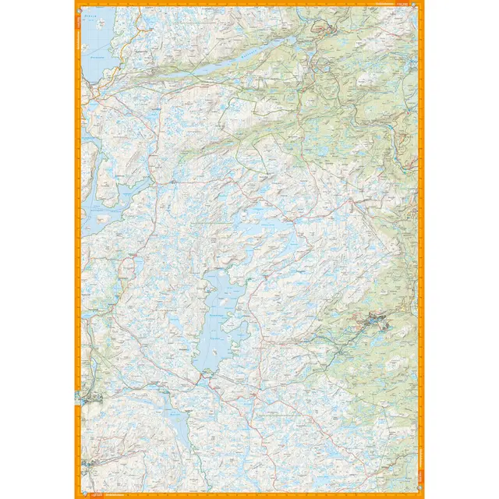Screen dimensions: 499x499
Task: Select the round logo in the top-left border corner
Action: tap(80, 5)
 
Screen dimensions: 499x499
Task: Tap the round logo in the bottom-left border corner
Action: tap(80, 494)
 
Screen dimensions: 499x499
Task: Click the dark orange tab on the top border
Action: tap(402, 5)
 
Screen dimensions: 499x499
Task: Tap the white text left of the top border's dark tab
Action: tap(382, 5)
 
